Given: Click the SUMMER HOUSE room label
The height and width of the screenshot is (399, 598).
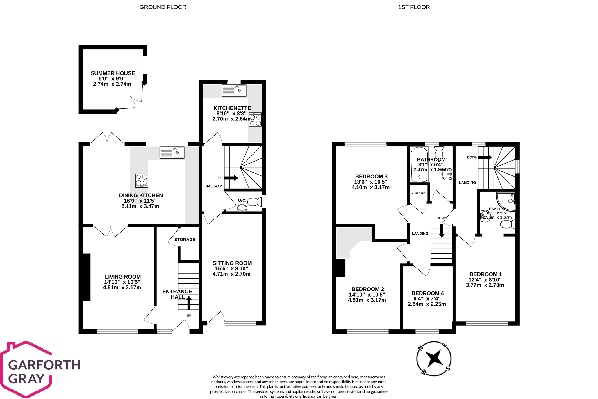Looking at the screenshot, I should click(x=113, y=73).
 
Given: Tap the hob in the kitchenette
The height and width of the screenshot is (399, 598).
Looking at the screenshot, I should click(x=255, y=120).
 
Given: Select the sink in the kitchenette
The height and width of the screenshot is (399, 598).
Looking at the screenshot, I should click(x=234, y=91).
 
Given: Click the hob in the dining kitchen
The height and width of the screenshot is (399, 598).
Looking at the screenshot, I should click(x=142, y=180).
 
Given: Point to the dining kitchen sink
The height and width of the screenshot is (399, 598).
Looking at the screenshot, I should click(x=172, y=152).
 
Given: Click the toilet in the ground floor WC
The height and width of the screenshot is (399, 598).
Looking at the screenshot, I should click(x=254, y=201).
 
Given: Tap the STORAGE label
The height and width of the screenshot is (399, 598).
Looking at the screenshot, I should click(x=185, y=240).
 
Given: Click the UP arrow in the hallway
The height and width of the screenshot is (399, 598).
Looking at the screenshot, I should click(x=231, y=178).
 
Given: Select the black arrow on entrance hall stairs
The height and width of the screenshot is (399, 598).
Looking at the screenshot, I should click(x=189, y=302).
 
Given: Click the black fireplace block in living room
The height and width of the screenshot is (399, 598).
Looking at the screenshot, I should click(x=86, y=277).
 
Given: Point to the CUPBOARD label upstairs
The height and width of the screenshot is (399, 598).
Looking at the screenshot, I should click(x=419, y=193).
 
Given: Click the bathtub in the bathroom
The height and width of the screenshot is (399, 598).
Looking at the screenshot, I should click(x=419, y=164).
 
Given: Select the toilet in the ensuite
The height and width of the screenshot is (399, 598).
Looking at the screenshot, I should click(x=508, y=224).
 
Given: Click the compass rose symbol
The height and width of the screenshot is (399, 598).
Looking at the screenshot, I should click(x=434, y=359).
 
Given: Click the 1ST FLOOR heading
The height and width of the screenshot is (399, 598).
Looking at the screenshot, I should click(x=414, y=7).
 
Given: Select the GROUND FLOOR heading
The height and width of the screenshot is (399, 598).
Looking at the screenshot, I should click(x=163, y=7).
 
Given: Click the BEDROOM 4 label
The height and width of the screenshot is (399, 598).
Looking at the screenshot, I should click(x=427, y=293).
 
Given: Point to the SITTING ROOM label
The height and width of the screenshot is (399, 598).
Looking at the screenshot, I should click(x=232, y=263).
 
